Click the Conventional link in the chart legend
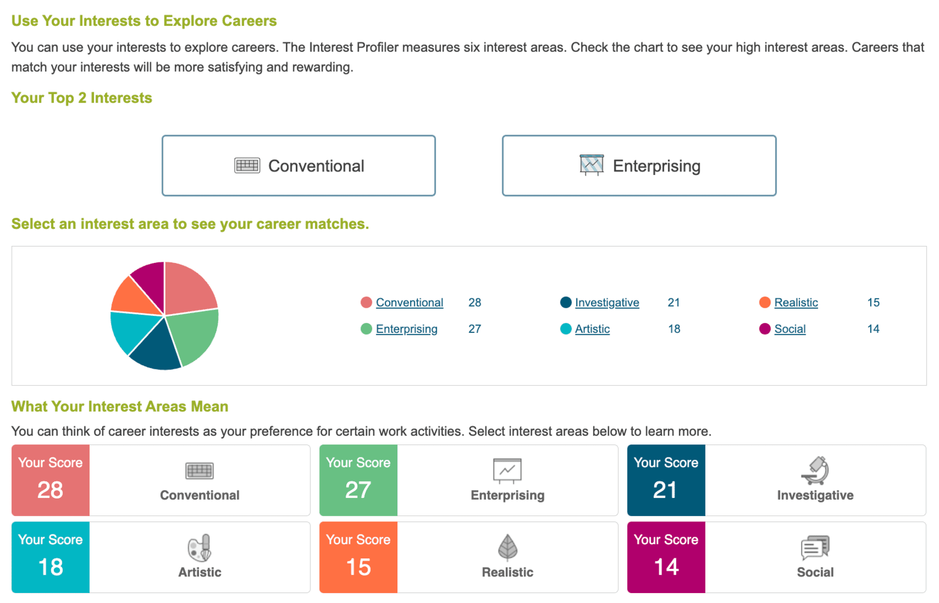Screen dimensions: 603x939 click(409, 302)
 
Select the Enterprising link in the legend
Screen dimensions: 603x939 click(406, 329)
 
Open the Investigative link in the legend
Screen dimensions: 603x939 click(607, 302)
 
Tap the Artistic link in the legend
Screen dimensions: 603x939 click(592, 329)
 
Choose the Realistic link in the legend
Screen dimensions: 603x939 click(796, 302)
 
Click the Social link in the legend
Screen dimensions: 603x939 click(790, 329)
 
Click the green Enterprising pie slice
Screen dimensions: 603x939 click(194, 335)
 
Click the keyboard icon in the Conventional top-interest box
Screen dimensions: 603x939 click(247, 166)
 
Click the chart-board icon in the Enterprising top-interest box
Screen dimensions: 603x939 click(592, 165)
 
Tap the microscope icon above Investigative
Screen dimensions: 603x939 click(815, 470)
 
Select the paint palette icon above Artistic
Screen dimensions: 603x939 click(200, 548)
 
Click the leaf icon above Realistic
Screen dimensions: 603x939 click(508, 547)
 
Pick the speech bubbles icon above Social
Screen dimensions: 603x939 click(815, 548)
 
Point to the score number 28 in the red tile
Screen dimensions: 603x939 click(50, 490)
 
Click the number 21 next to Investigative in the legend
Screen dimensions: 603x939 click(674, 302)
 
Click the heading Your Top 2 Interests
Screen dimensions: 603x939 click(82, 97)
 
